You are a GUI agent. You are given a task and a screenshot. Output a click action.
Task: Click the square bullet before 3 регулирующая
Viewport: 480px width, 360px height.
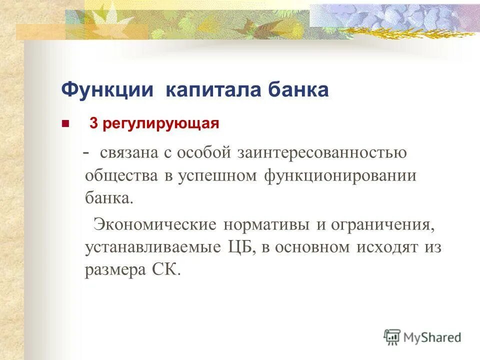(64, 123)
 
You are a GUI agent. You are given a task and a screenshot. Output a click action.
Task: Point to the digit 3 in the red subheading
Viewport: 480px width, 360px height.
(93, 123)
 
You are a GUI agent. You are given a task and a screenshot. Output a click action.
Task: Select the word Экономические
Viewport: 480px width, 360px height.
(155, 224)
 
